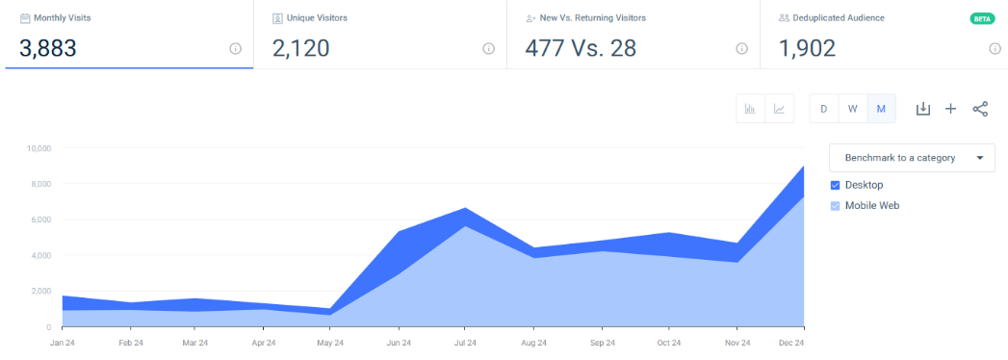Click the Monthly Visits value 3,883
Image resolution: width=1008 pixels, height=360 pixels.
click(x=47, y=47)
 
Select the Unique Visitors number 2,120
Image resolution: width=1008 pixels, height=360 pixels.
click(x=300, y=47)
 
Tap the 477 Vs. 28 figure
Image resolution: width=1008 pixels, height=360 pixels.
click(x=581, y=47)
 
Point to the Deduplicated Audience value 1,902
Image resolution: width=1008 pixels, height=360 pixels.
click(x=807, y=47)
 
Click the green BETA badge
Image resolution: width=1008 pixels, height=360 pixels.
click(x=981, y=18)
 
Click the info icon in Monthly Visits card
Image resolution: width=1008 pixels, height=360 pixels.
click(x=235, y=48)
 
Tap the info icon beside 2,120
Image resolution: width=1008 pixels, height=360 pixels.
click(x=488, y=48)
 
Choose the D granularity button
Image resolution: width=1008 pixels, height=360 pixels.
click(x=823, y=109)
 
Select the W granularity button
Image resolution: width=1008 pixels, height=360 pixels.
click(x=852, y=109)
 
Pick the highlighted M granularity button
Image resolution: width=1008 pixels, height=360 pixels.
click(x=881, y=109)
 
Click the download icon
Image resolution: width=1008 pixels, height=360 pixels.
click(x=922, y=109)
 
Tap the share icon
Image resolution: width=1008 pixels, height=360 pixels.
click(x=980, y=109)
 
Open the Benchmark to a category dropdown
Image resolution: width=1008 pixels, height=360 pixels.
click(x=911, y=157)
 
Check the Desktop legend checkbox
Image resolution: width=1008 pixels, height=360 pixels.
click(x=835, y=185)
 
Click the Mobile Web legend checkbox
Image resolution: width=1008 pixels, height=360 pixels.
click(x=835, y=205)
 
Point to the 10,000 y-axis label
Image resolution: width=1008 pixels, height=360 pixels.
click(x=39, y=148)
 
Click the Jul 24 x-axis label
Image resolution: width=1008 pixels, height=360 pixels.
click(x=466, y=342)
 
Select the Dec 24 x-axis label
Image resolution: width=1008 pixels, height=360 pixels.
click(x=790, y=342)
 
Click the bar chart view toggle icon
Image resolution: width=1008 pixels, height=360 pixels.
click(x=750, y=109)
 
